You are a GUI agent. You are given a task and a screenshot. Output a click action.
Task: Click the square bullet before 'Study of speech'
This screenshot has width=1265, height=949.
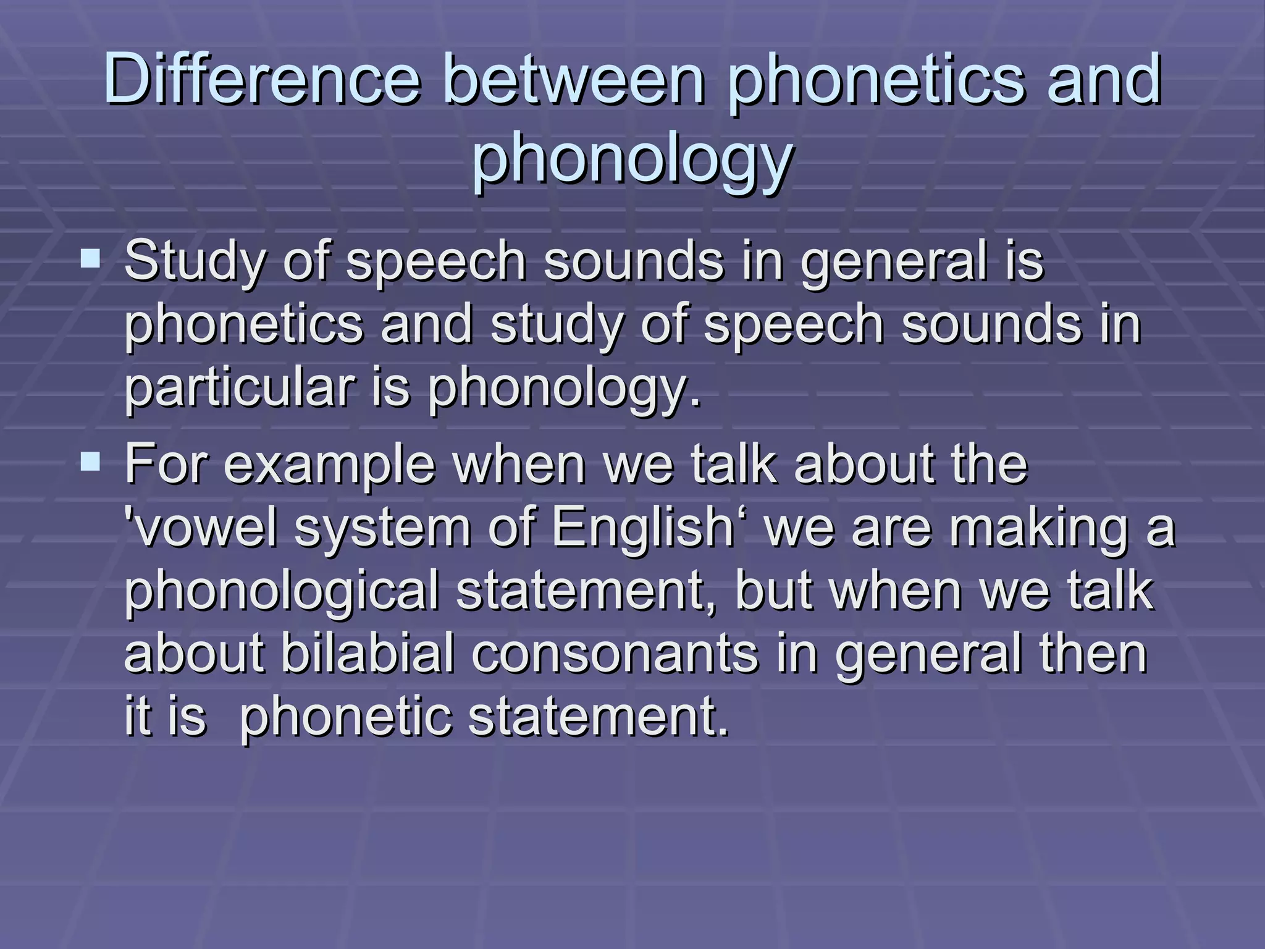[x=91, y=258]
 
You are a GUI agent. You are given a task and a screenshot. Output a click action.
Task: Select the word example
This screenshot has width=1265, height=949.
[x=329, y=465]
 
